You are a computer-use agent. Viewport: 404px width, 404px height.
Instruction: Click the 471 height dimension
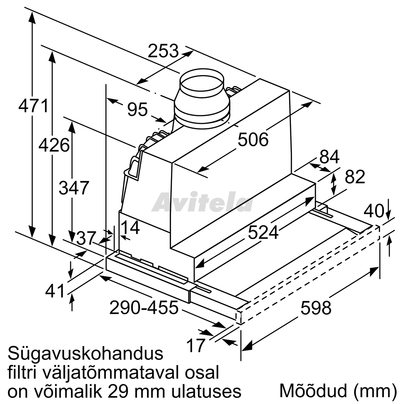coord(34,105)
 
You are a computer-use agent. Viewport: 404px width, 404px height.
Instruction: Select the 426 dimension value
coord(54,145)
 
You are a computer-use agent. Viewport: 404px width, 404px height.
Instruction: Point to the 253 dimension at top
coord(163,50)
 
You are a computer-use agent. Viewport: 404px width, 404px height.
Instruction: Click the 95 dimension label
coord(138,109)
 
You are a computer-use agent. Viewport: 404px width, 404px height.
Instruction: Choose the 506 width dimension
coord(253,140)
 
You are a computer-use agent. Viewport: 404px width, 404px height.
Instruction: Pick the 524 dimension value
coord(263,232)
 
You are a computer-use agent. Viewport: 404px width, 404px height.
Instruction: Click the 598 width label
coord(316,307)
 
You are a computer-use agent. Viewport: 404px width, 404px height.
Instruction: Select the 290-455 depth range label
coord(144,307)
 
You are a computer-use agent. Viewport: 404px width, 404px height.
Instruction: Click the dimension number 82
coord(355,177)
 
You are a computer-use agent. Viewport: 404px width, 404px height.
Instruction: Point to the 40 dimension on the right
coord(374,211)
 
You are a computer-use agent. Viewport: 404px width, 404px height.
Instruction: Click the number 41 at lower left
coord(55,291)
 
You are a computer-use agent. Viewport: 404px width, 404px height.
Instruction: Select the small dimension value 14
coord(130,227)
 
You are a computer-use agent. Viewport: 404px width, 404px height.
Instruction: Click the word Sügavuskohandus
coord(86,354)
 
